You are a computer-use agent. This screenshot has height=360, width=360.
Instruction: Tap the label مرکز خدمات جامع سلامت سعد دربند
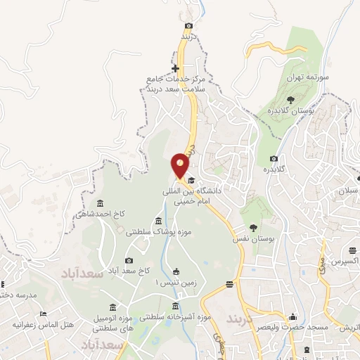pos(167,82)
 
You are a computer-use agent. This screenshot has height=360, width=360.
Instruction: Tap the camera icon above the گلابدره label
pos(274,158)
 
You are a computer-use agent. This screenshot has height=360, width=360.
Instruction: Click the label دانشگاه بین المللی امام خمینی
pos(210,196)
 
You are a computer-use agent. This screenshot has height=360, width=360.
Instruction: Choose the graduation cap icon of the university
pos(190,181)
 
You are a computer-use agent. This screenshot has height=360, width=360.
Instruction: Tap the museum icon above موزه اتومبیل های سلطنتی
pos(114,307)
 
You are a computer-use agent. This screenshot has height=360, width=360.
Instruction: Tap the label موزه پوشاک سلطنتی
pos(159,231)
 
